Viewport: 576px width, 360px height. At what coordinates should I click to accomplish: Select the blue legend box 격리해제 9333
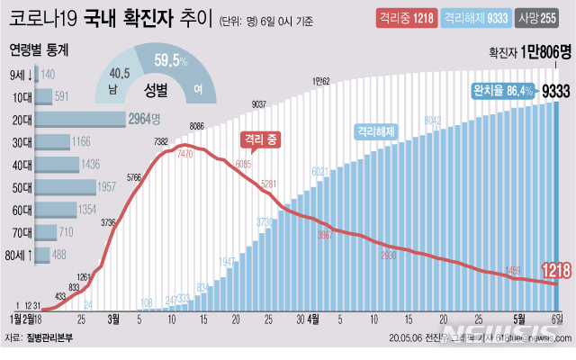point(476,17)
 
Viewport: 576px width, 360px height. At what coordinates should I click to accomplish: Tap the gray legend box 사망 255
point(543,17)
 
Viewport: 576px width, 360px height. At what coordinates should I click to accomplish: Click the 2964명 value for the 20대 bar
point(145,120)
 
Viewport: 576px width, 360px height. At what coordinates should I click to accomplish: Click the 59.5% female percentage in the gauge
point(170,61)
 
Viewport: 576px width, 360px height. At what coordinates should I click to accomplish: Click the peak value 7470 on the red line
point(187,156)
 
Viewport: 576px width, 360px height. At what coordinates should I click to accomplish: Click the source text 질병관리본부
point(51,339)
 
